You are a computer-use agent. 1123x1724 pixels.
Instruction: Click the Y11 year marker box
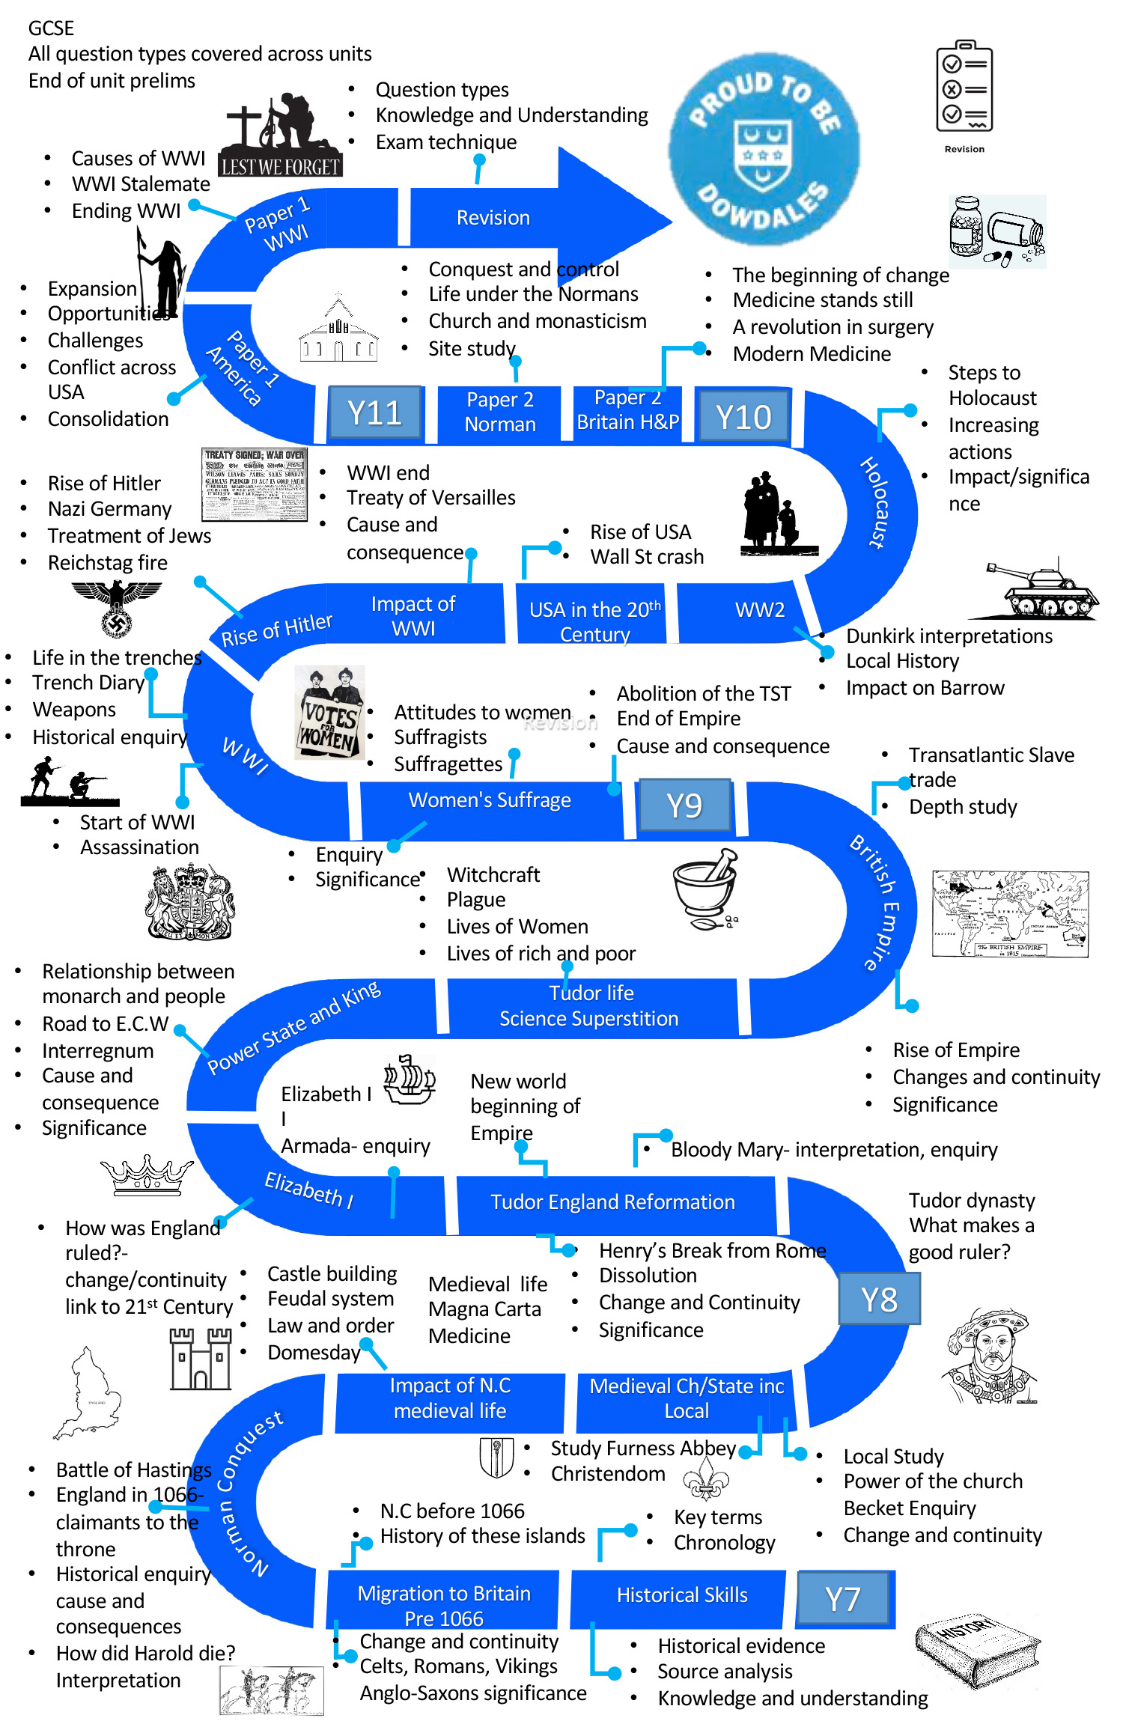pyautogui.click(x=375, y=413)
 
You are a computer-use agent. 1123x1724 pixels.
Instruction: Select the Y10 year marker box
pyautogui.click(x=743, y=417)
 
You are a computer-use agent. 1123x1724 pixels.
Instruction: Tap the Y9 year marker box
pyautogui.click(x=684, y=805)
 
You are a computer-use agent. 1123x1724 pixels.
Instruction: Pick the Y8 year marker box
pyautogui.click(x=879, y=1300)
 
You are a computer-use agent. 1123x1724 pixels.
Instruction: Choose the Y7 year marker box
pyautogui.click(x=843, y=1599)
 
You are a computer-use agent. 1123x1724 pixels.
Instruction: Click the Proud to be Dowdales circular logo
pyautogui.click(x=763, y=150)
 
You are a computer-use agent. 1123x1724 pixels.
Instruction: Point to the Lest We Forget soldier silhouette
pyautogui.click(x=281, y=135)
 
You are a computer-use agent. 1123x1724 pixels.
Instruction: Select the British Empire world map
pyautogui.click(x=1010, y=914)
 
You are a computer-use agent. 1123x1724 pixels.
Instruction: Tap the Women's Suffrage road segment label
pyautogui.click(x=490, y=800)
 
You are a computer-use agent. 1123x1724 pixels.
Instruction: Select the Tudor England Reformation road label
pyautogui.click(x=612, y=1202)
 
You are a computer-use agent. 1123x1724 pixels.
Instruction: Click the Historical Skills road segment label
pyautogui.click(x=682, y=1595)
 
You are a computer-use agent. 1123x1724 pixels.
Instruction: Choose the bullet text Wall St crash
pyautogui.click(x=647, y=557)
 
